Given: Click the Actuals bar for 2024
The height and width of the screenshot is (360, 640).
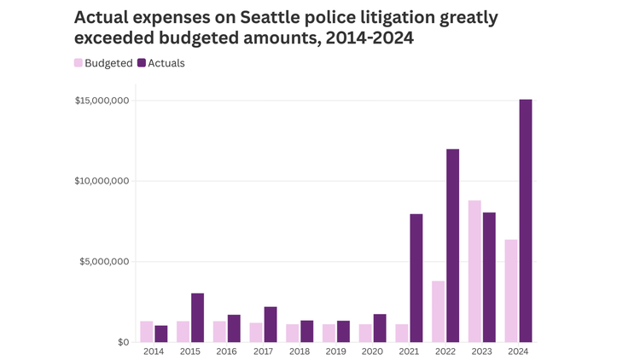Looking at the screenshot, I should click(x=526, y=221).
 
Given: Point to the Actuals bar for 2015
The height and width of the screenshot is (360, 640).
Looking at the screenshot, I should click(x=197, y=317).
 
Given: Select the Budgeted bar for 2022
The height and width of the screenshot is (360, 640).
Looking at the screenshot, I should click(x=438, y=311).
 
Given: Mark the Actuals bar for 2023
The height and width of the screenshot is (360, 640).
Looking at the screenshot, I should click(x=489, y=277).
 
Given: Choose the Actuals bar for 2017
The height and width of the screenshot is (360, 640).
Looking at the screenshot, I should click(x=271, y=324).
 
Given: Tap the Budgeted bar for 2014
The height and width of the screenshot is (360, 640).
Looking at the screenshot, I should click(x=147, y=332).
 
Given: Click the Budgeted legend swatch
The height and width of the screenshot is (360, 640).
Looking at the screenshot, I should click(x=79, y=63).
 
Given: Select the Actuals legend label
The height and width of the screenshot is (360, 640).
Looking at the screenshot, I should click(x=166, y=63).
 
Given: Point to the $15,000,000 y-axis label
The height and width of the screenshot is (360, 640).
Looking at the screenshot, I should click(x=102, y=101).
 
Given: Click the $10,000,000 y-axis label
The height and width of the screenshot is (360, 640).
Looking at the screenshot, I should click(x=102, y=181).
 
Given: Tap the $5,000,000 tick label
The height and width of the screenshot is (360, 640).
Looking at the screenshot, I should click(x=104, y=262).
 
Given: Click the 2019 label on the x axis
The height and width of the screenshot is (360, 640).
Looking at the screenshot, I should click(x=336, y=351).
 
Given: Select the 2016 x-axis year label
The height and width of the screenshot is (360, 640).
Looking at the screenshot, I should click(x=227, y=351).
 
